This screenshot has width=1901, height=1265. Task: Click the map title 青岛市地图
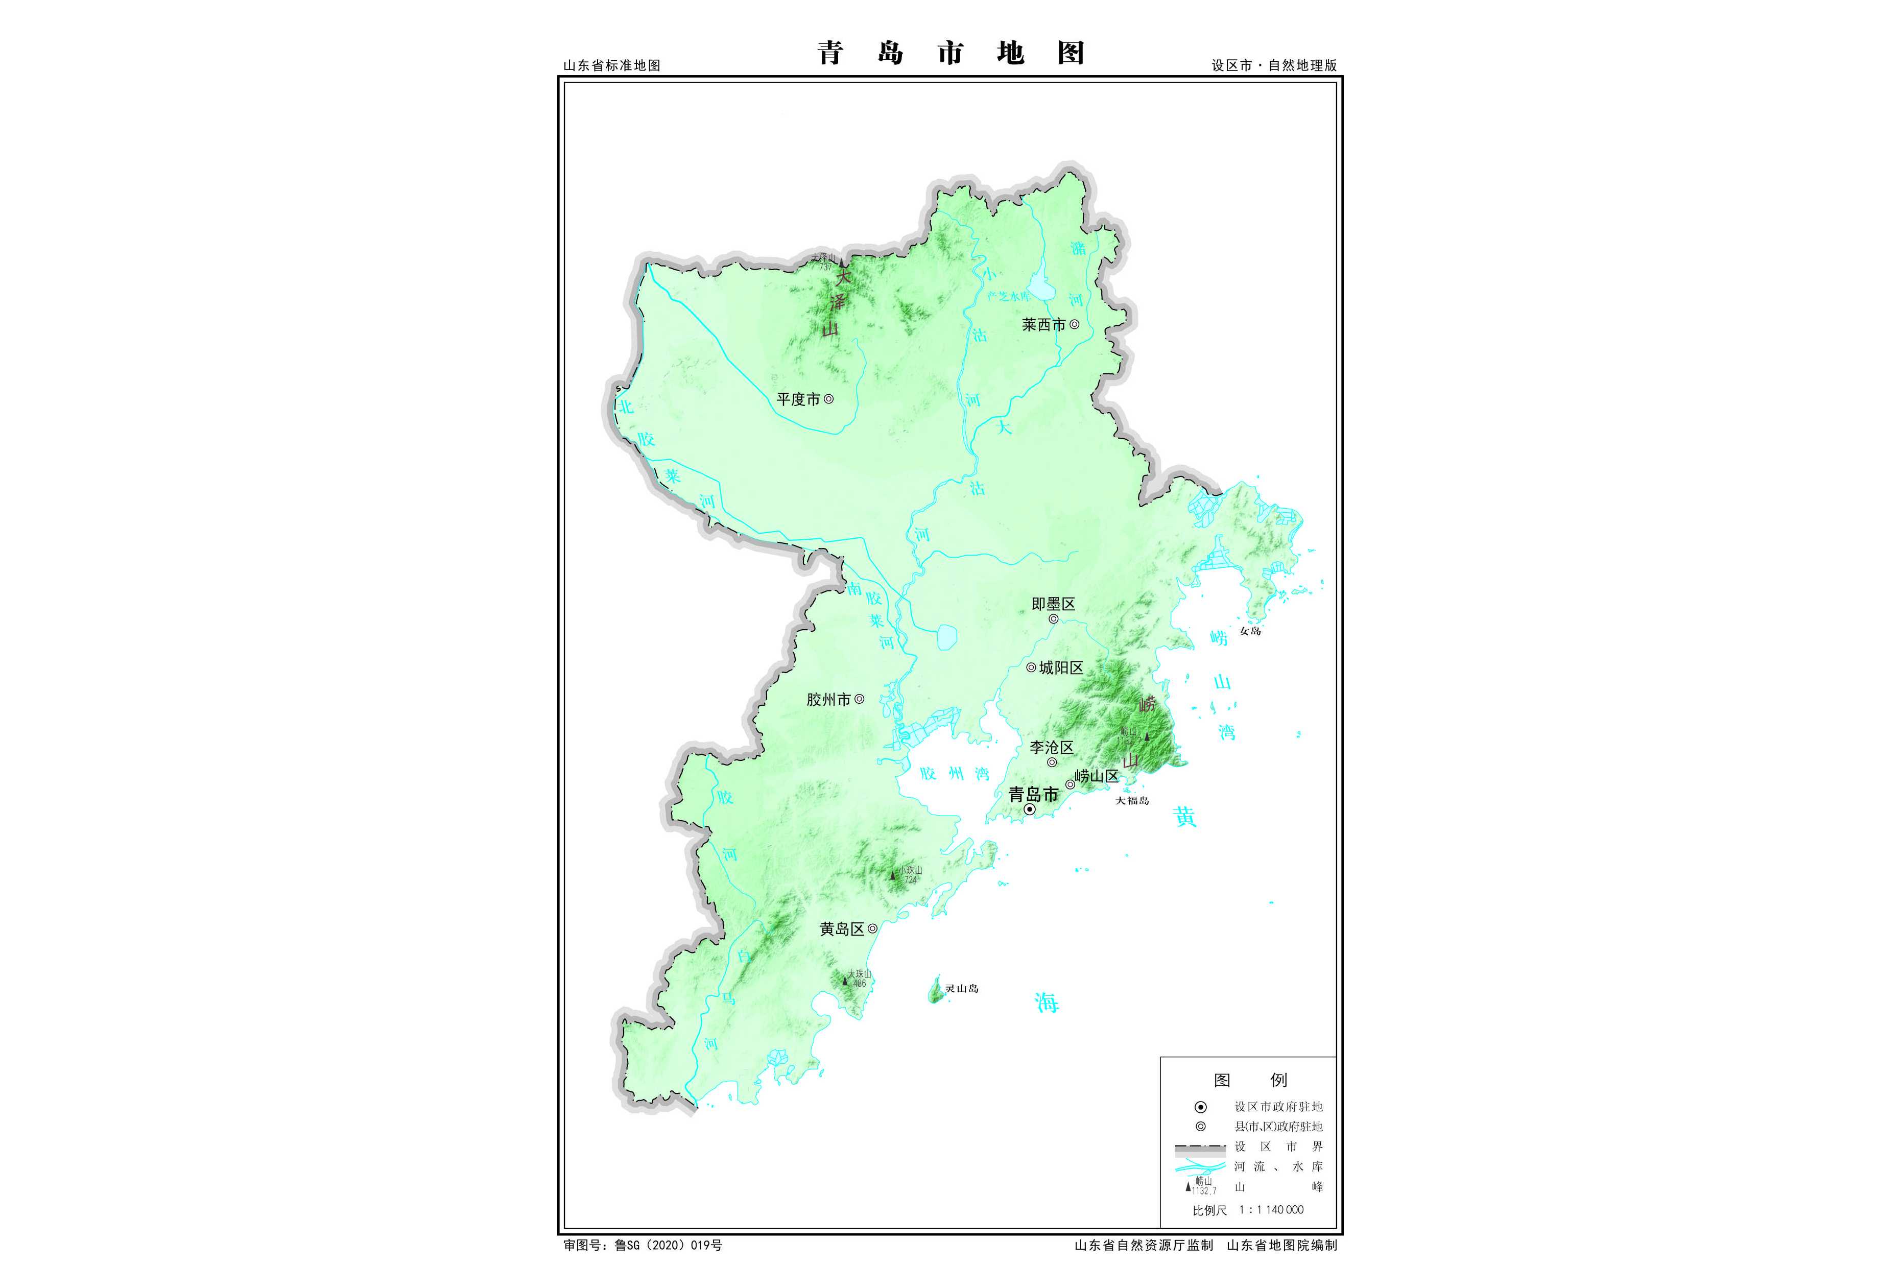(950, 53)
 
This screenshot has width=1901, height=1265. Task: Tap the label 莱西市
(1043, 324)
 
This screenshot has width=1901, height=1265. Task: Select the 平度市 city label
(798, 399)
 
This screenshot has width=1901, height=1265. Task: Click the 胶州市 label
(828, 700)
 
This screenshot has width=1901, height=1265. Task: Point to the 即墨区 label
(1053, 604)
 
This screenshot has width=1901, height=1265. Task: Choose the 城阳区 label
(1061, 668)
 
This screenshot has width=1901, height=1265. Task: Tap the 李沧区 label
(1051, 748)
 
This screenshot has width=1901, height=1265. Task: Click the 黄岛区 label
(842, 929)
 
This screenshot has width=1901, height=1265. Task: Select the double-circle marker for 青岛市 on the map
(1030, 809)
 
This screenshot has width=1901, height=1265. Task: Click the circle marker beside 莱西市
(1074, 324)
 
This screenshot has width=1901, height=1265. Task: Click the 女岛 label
(1250, 631)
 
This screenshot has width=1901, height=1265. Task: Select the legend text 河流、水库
(1278, 1166)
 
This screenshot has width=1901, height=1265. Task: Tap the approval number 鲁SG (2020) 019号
(668, 1246)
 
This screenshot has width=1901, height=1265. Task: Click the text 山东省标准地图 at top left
(611, 65)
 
